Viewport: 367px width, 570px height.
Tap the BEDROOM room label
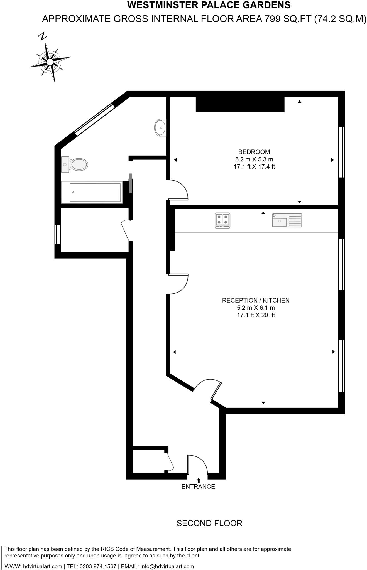254,152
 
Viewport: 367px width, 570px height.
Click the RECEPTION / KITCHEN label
256,300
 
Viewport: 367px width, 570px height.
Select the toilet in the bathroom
75,164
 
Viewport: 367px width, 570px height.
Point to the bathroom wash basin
160,127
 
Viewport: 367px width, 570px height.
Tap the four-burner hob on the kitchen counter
222,220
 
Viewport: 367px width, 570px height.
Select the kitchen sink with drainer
287,220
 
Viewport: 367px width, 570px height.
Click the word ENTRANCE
198,487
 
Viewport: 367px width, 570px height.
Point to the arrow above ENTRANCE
199,480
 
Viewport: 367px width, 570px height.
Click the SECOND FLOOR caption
209,523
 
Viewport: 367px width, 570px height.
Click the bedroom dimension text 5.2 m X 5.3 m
254,159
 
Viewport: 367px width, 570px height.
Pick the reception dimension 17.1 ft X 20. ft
256,315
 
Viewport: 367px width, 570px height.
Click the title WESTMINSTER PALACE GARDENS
209,5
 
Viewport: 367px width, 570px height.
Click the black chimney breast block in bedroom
240,105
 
